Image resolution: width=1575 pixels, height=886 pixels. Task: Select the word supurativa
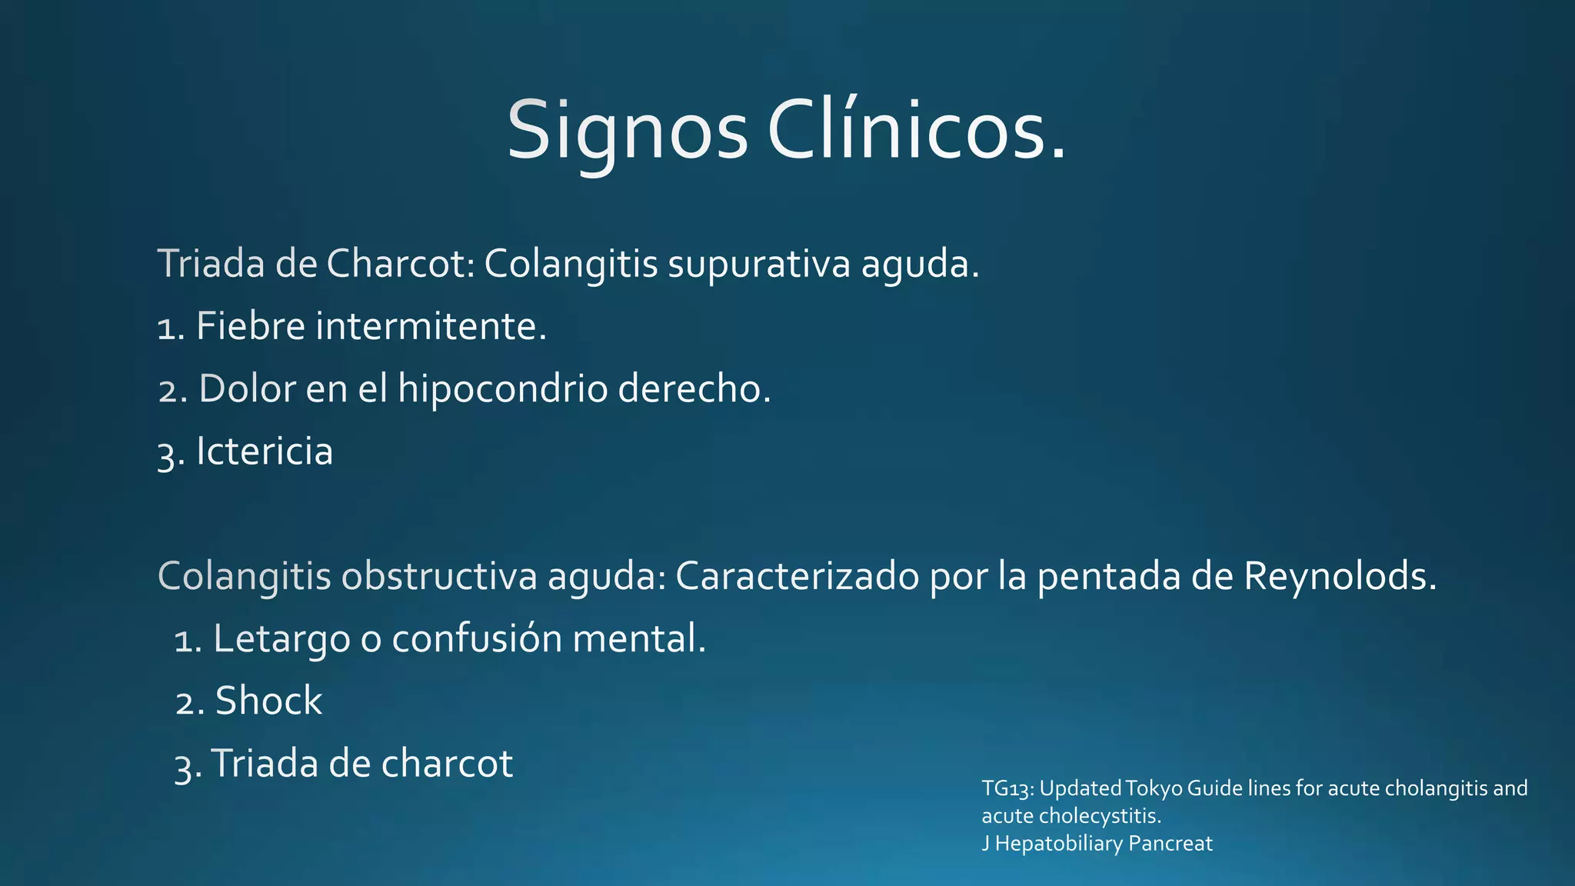click(x=758, y=264)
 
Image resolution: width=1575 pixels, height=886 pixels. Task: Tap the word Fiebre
click(x=251, y=326)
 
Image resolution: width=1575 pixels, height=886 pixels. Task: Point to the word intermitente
click(x=431, y=326)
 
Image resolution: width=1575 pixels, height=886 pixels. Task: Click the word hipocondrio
click(x=502, y=389)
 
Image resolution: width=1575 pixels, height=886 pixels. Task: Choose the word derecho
click(x=694, y=389)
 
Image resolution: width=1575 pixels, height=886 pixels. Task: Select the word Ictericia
click(x=265, y=451)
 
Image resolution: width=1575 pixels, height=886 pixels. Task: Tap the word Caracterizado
click(x=797, y=576)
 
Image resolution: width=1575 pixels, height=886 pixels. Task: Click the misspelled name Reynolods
click(x=1339, y=576)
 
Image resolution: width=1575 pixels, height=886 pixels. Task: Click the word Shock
click(x=268, y=701)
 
